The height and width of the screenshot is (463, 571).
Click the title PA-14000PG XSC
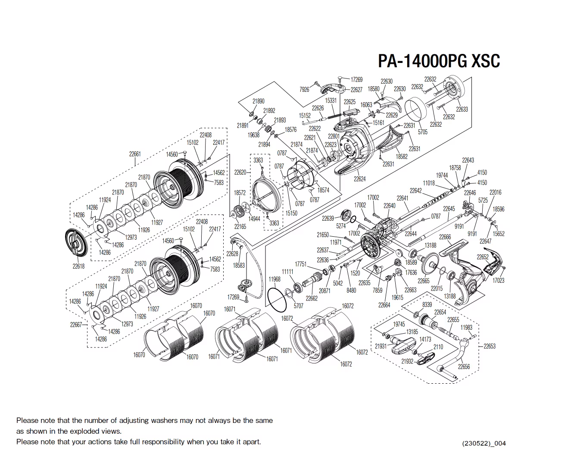click(439, 61)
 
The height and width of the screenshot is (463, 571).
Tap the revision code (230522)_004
click(484, 443)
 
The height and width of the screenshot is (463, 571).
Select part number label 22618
click(78, 266)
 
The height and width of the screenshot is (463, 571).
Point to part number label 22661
click(135, 154)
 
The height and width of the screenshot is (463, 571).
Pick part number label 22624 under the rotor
click(359, 179)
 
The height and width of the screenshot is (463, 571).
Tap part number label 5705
click(423, 132)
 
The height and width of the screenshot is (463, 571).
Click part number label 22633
click(462, 109)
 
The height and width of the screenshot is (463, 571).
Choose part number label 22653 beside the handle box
click(490, 346)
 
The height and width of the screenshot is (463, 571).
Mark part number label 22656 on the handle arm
click(464, 366)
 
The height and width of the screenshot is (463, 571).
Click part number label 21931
click(381, 346)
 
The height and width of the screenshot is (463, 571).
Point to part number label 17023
click(498, 281)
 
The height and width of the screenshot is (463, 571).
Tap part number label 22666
click(445, 237)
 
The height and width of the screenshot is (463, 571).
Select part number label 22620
click(240, 172)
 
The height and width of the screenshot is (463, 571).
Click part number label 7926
click(304, 90)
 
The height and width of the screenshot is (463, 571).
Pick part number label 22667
click(76, 325)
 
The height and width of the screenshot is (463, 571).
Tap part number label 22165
click(240, 226)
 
